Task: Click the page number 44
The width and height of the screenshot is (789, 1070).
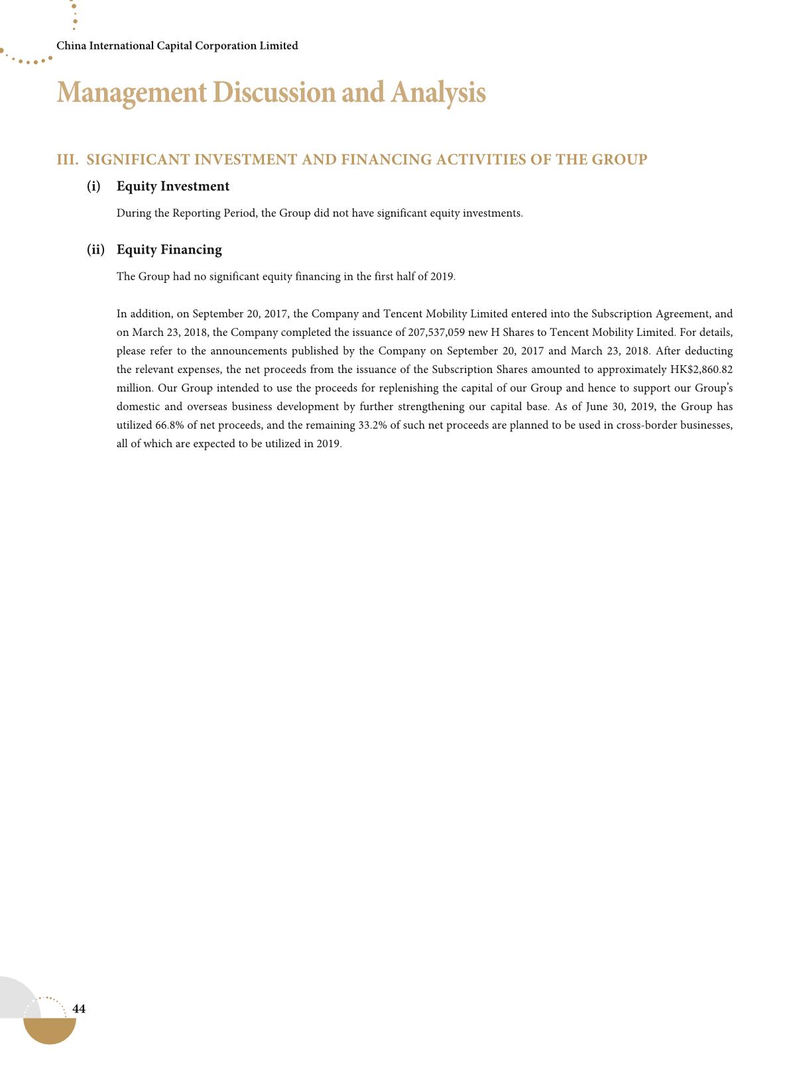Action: (x=79, y=1009)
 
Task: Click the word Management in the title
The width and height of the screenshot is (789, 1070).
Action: (x=131, y=93)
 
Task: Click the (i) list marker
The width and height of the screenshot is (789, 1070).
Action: (x=93, y=186)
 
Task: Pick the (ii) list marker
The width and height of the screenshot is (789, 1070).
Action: (x=95, y=250)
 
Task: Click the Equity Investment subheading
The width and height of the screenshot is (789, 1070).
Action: (x=173, y=186)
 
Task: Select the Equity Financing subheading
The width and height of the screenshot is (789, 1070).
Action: (x=169, y=250)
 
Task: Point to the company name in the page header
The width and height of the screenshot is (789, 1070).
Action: (x=177, y=46)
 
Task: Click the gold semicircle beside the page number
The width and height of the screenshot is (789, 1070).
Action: (x=50, y=1030)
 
